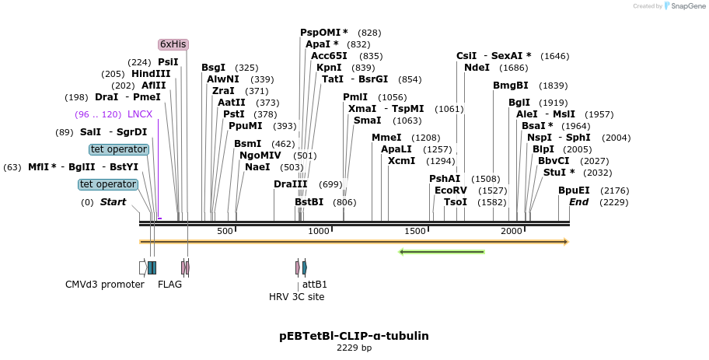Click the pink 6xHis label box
pos(173,44)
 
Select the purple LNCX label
pos(140,114)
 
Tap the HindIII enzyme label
pos(151,74)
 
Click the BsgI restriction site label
pos(213,68)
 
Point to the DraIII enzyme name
pos(291,184)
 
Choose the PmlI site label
pos(355,97)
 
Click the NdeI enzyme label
pos(477,68)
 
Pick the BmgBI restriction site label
pos(510,86)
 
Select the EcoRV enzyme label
pos(450,190)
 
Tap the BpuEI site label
pos(574,190)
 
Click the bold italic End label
pos(578,202)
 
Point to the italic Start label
pos(113,202)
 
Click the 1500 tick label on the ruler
pos(417,232)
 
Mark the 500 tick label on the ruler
pos(225,232)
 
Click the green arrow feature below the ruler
pos(442,252)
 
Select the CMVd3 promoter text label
pos(105,285)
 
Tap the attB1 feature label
pos(314,285)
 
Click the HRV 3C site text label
pos(296,297)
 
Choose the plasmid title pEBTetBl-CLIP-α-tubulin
pos(354,336)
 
